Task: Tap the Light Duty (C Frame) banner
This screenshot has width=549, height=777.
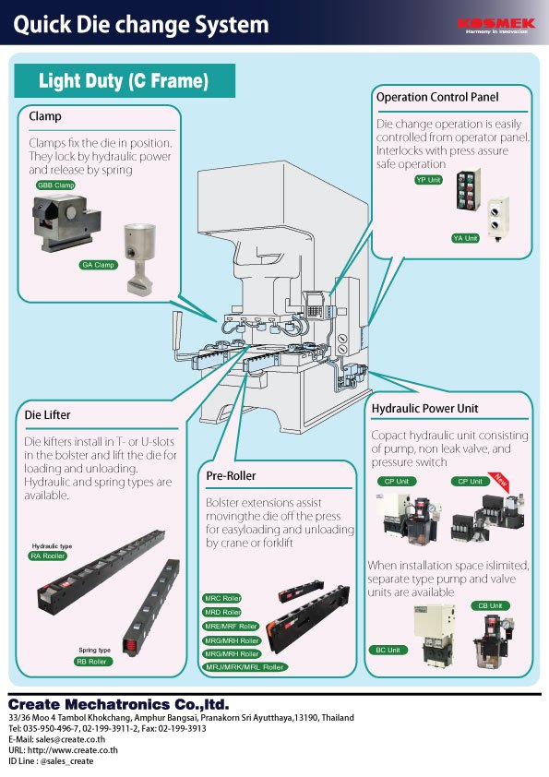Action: point(124,81)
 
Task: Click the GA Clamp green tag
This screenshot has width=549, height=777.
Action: point(98,265)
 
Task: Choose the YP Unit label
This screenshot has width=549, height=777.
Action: point(428,179)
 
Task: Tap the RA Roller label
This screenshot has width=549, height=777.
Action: point(48,556)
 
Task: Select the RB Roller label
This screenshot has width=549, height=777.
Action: point(91,662)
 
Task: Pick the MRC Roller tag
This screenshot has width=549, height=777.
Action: point(222,599)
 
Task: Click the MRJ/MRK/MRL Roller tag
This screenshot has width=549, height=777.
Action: point(245,666)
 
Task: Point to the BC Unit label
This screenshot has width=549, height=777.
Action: point(388,650)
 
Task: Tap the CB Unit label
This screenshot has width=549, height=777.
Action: point(490,605)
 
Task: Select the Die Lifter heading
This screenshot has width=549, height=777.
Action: point(47,414)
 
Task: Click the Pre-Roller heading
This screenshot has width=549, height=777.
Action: point(231,475)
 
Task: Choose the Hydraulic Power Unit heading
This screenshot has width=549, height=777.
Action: point(424,408)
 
